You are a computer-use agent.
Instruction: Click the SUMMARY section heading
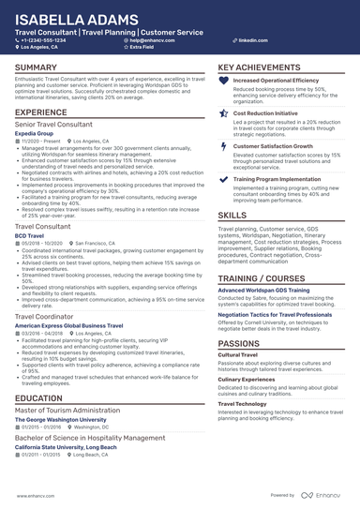(36, 68)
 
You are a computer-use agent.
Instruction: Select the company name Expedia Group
(35, 134)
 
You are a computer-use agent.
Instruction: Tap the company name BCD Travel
(30, 236)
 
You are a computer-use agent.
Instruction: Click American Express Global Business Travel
(68, 324)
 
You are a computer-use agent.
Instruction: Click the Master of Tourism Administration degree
(67, 411)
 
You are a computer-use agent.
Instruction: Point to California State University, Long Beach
(66, 446)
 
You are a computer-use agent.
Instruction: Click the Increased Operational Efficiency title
(276, 82)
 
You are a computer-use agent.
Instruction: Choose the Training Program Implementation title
(277, 177)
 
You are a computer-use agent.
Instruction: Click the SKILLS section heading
(232, 215)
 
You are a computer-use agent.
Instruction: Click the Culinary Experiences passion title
(248, 378)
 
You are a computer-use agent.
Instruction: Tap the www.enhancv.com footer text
(36, 495)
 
